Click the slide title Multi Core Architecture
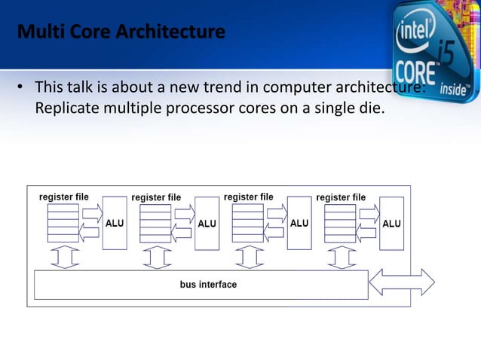[x=121, y=34]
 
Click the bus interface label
[x=208, y=285]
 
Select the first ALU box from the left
[x=115, y=223]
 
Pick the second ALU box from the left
[x=207, y=223]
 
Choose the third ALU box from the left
[x=299, y=223]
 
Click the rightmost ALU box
[x=391, y=223]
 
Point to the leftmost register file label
[x=64, y=197]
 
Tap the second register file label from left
[x=156, y=197]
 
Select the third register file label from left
[x=249, y=197]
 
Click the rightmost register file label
[x=341, y=197]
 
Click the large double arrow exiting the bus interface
[x=401, y=282]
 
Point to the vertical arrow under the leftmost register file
[x=64, y=258]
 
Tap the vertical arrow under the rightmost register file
[x=341, y=258]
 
